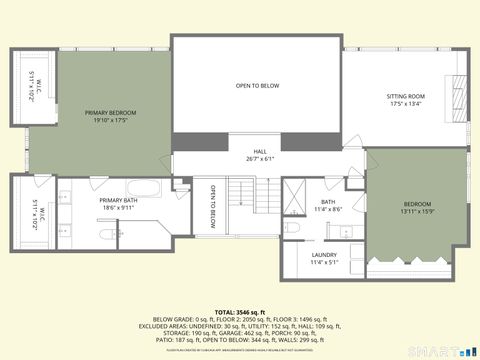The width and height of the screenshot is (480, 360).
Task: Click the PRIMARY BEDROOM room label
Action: coord(110,112)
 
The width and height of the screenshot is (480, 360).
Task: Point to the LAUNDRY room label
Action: coord(324,255)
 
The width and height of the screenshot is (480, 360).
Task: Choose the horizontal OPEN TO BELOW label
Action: coord(257,86)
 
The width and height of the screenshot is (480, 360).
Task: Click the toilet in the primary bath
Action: coord(107,236)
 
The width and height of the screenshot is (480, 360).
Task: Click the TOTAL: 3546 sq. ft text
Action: coord(240,312)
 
